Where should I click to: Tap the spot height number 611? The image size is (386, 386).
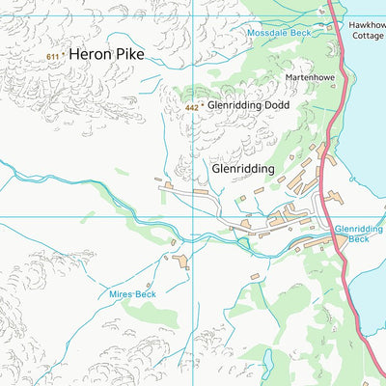52,58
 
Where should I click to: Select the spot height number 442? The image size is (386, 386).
191,108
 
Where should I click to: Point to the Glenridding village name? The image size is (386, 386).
242,167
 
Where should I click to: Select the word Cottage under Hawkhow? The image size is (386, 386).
367,35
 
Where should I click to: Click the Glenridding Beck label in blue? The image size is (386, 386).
358,233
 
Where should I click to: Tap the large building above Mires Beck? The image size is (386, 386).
180,261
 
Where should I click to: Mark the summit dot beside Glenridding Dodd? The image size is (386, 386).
203,106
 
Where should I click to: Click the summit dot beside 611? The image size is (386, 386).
65,56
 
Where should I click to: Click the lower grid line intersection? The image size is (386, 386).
192,216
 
